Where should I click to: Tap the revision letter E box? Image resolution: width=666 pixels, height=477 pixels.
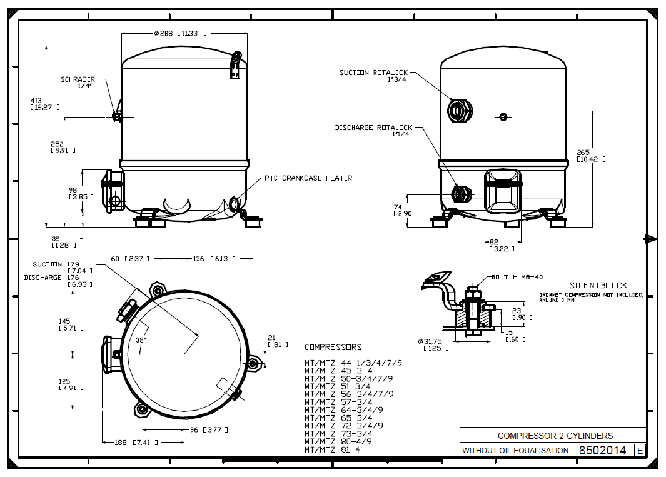coord(639,450)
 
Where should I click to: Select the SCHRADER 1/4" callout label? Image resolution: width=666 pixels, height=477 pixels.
coord(78,83)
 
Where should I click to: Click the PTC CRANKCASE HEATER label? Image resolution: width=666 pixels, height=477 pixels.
coord(308,178)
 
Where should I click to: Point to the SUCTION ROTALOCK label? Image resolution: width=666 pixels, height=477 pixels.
coord(373,73)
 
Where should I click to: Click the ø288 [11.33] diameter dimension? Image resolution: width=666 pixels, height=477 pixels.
coord(179,33)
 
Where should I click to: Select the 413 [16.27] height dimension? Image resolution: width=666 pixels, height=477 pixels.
coord(37,104)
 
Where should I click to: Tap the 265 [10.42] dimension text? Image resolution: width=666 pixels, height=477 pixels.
coord(583,156)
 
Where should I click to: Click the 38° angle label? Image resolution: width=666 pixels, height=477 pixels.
coord(141,339)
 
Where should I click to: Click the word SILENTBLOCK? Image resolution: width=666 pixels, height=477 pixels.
coord(598,285)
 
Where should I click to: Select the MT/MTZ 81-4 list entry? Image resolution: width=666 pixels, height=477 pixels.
coord(332,449)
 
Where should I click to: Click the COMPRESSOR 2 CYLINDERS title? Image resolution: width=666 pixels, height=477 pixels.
coord(555,435)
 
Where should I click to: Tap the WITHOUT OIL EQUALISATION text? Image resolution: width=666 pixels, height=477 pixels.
coord(515,450)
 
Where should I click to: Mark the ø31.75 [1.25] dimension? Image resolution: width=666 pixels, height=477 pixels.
coord(433,344)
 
